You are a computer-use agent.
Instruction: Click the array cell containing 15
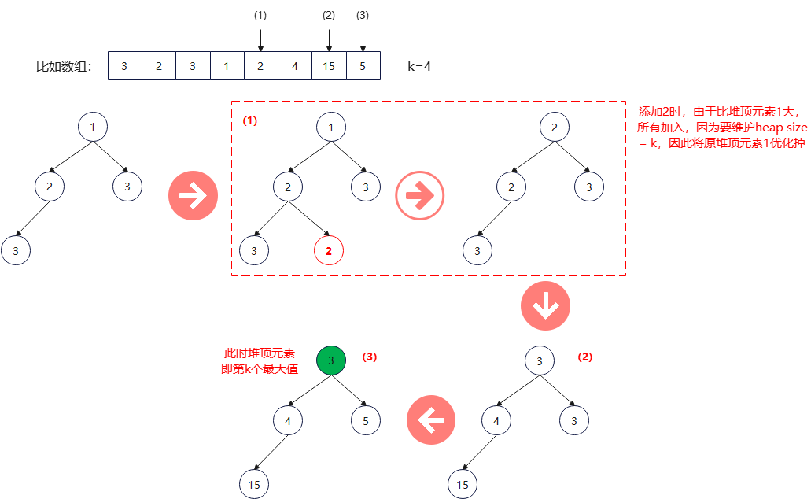pos(329,66)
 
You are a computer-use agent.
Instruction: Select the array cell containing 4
pos(295,66)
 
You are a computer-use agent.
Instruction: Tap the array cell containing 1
pos(227,66)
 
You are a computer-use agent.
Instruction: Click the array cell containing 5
pos(363,66)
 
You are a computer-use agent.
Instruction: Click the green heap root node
pos(331,360)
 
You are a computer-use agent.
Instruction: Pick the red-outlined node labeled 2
pos(329,251)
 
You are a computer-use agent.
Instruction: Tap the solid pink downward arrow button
pos(545,306)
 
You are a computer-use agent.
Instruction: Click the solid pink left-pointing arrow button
pos(431,420)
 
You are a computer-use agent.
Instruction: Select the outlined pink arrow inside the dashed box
pos(420,195)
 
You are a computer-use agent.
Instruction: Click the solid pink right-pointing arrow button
pos(193,195)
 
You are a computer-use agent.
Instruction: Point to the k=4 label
pos(419,67)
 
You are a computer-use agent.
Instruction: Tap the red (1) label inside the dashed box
pos(249,122)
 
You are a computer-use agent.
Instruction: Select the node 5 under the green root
pos(366,420)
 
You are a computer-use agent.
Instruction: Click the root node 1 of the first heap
pos(93,127)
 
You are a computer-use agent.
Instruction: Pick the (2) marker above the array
pos(329,15)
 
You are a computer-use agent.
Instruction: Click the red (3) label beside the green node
pos(370,357)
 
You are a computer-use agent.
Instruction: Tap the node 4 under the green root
pos(288,420)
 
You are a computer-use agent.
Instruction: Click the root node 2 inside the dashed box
pos(555,127)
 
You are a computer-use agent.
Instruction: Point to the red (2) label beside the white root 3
pos(585,357)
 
